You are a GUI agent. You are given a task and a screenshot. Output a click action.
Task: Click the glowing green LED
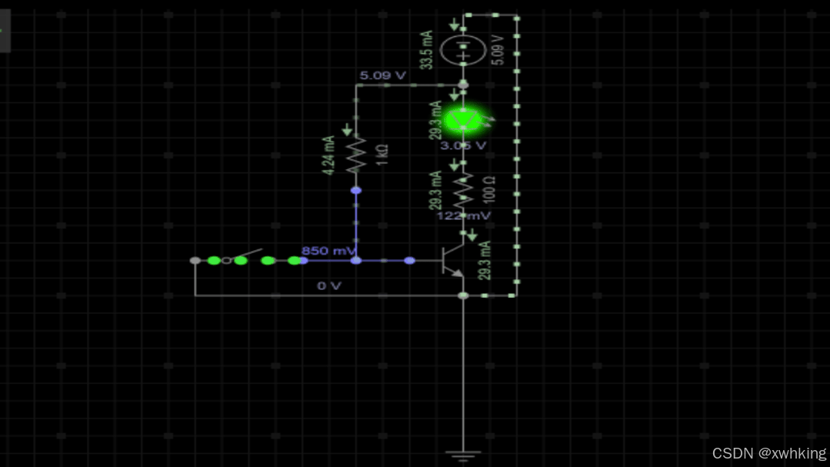pos(463,120)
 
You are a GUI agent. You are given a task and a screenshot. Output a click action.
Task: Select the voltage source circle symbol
pos(463,52)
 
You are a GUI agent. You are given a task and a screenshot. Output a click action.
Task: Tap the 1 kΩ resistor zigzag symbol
pos(355,155)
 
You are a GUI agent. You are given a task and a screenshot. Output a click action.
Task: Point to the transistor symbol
pos(452,262)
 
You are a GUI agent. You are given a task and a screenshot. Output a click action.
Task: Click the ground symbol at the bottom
pos(463,455)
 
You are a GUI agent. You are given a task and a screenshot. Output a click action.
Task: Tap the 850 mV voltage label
pos(328,251)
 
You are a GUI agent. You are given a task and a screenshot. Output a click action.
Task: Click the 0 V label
pos(329,285)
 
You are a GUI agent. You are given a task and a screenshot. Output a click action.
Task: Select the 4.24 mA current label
pos(329,155)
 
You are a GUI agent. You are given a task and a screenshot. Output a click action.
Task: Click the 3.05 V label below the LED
pos(463,145)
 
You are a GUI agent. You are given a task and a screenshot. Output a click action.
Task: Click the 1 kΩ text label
pos(382,155)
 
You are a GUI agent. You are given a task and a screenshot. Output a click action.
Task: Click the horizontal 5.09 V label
pos(382,75)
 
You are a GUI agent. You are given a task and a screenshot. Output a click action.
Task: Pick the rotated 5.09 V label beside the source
pos(497,50)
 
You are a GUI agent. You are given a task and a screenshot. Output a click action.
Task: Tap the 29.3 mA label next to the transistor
pos(485,260)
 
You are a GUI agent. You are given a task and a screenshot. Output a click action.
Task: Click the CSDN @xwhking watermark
pos(769,453)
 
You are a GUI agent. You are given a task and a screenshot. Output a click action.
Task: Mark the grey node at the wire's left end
pos(195,261)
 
